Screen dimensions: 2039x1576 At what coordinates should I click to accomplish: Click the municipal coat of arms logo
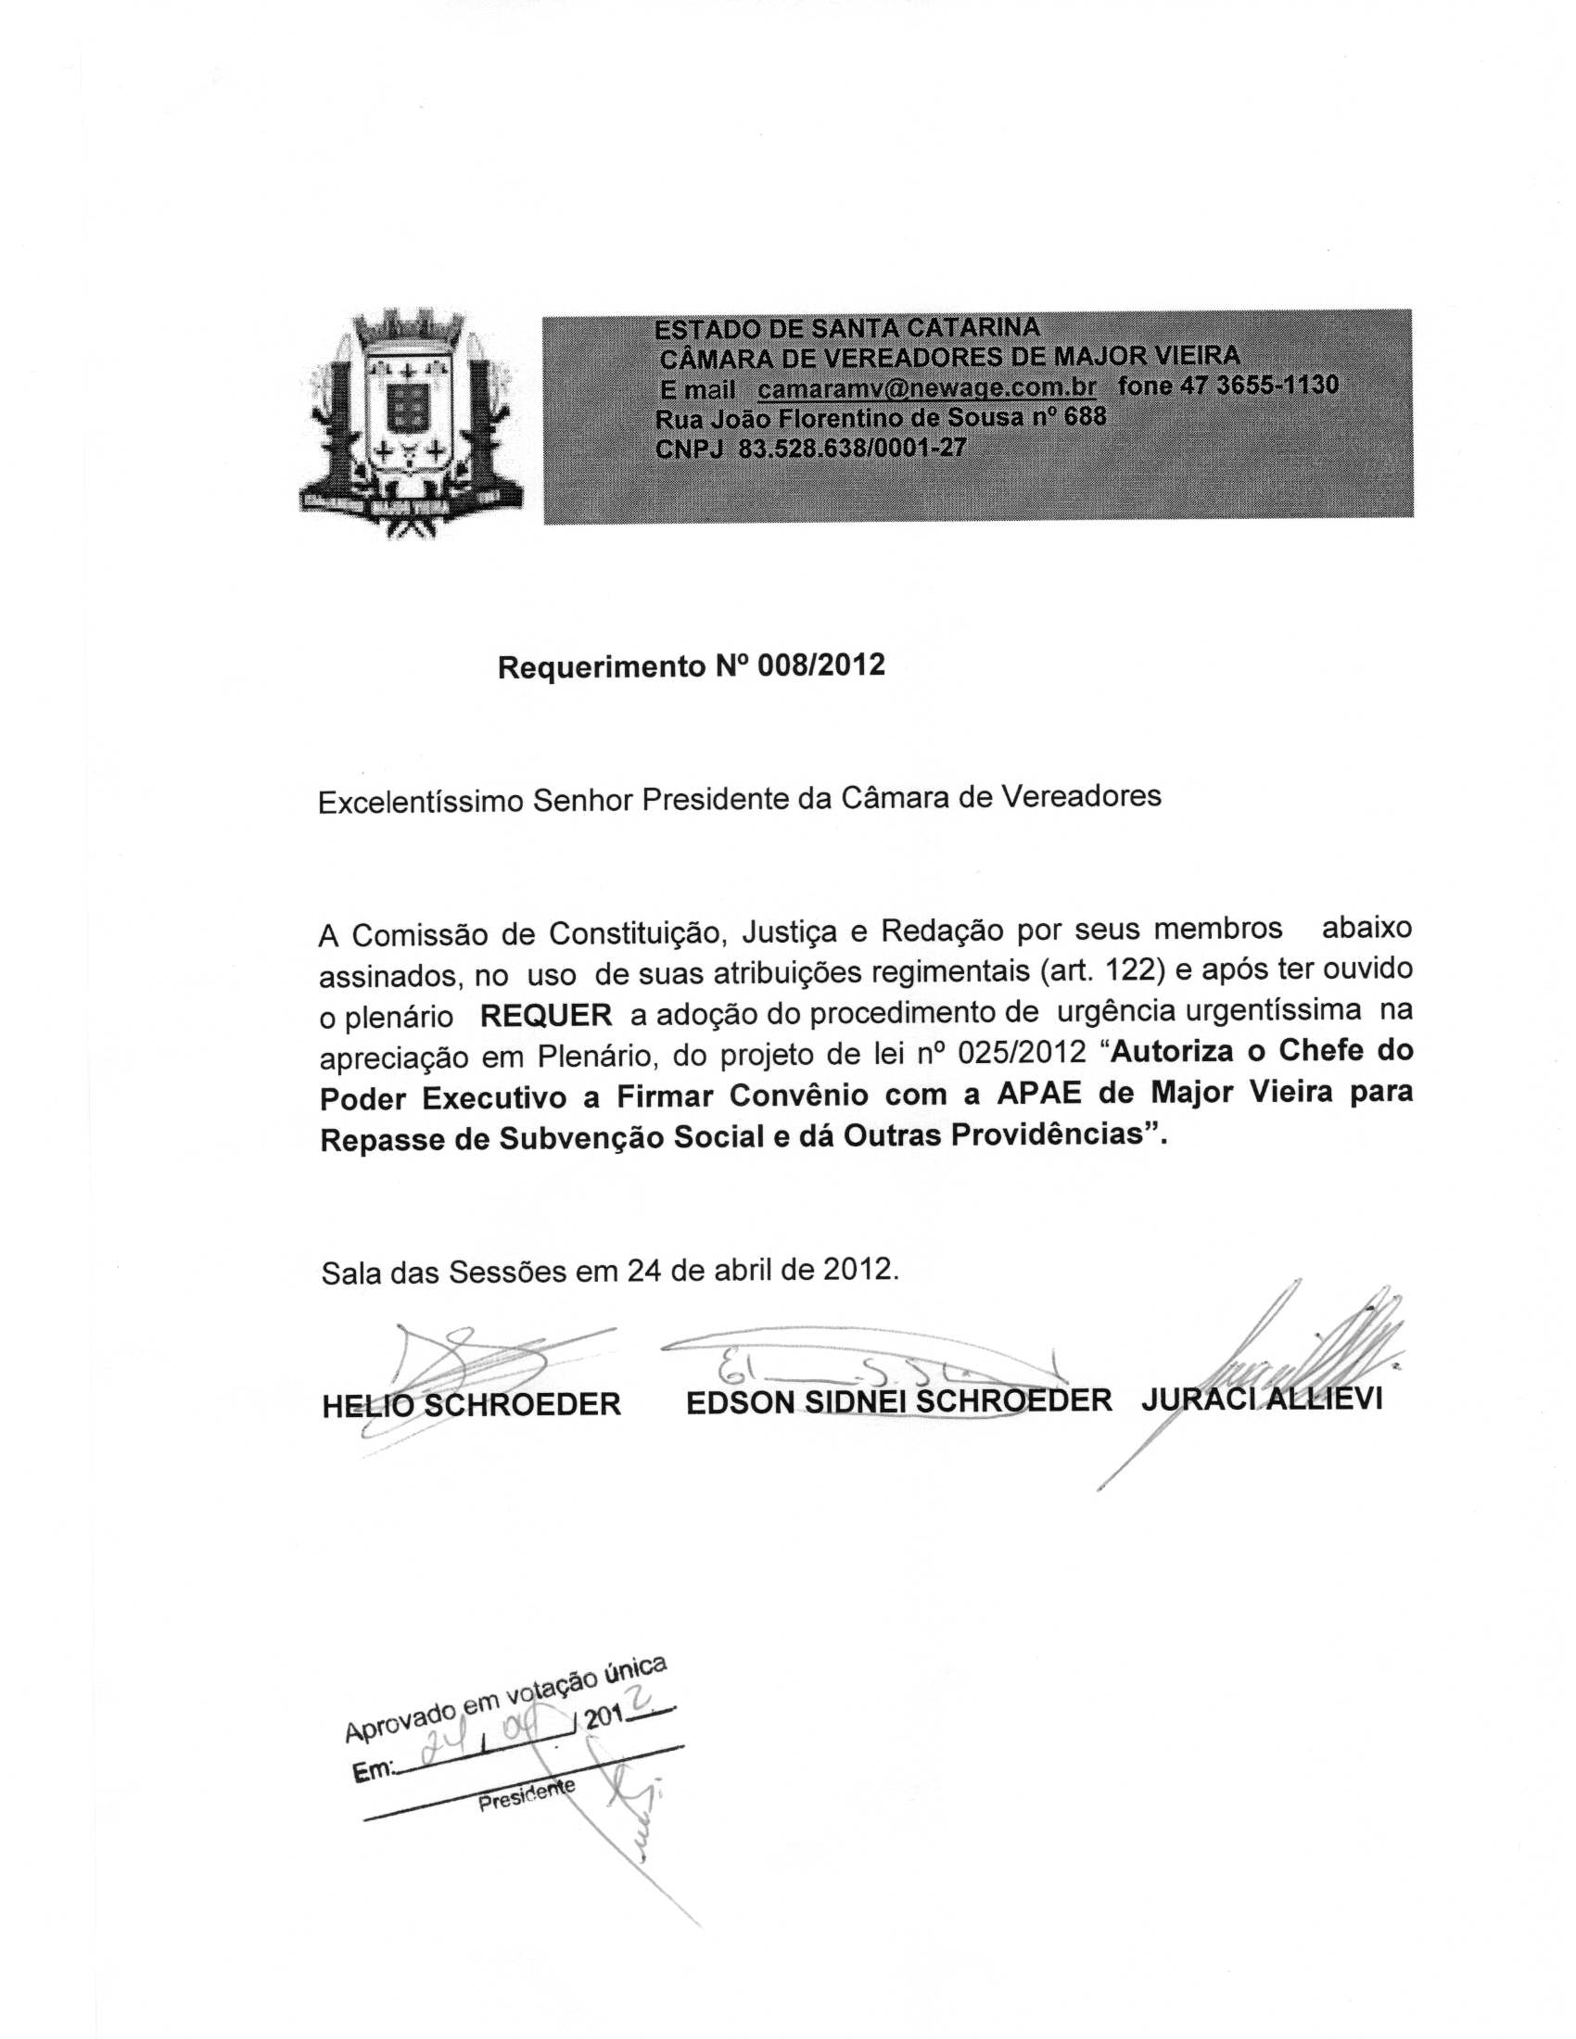coord(410,423)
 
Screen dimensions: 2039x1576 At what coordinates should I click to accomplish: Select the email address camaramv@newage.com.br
coord(926,386)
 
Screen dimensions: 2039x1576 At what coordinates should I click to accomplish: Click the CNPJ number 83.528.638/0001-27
coord(851,449)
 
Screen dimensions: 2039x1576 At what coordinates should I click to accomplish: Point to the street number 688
coord(1085,415)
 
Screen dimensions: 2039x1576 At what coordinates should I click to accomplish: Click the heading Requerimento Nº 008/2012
coord(691,665)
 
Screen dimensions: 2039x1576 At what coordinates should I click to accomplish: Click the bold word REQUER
coord(546,1015)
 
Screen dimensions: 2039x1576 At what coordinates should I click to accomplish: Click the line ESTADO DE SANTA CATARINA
coord(845,329)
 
